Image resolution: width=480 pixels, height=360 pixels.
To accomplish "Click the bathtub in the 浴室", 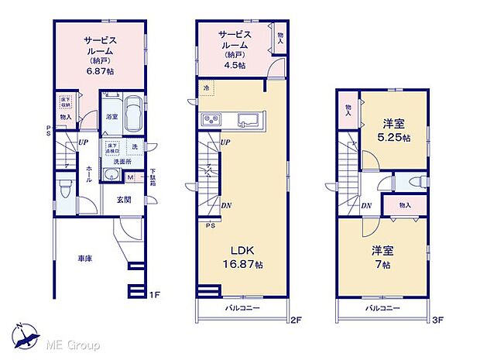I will click(130, 115).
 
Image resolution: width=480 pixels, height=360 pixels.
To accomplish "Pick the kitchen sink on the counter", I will click(249, 120).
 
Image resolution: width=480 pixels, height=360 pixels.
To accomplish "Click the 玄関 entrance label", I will click(124, 200).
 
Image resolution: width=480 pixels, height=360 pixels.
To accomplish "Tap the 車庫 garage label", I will click(84, 258).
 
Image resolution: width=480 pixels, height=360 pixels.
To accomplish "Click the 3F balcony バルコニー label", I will click(383, 308).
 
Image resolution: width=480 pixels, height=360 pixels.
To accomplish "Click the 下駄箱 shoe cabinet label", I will click(153, 177).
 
